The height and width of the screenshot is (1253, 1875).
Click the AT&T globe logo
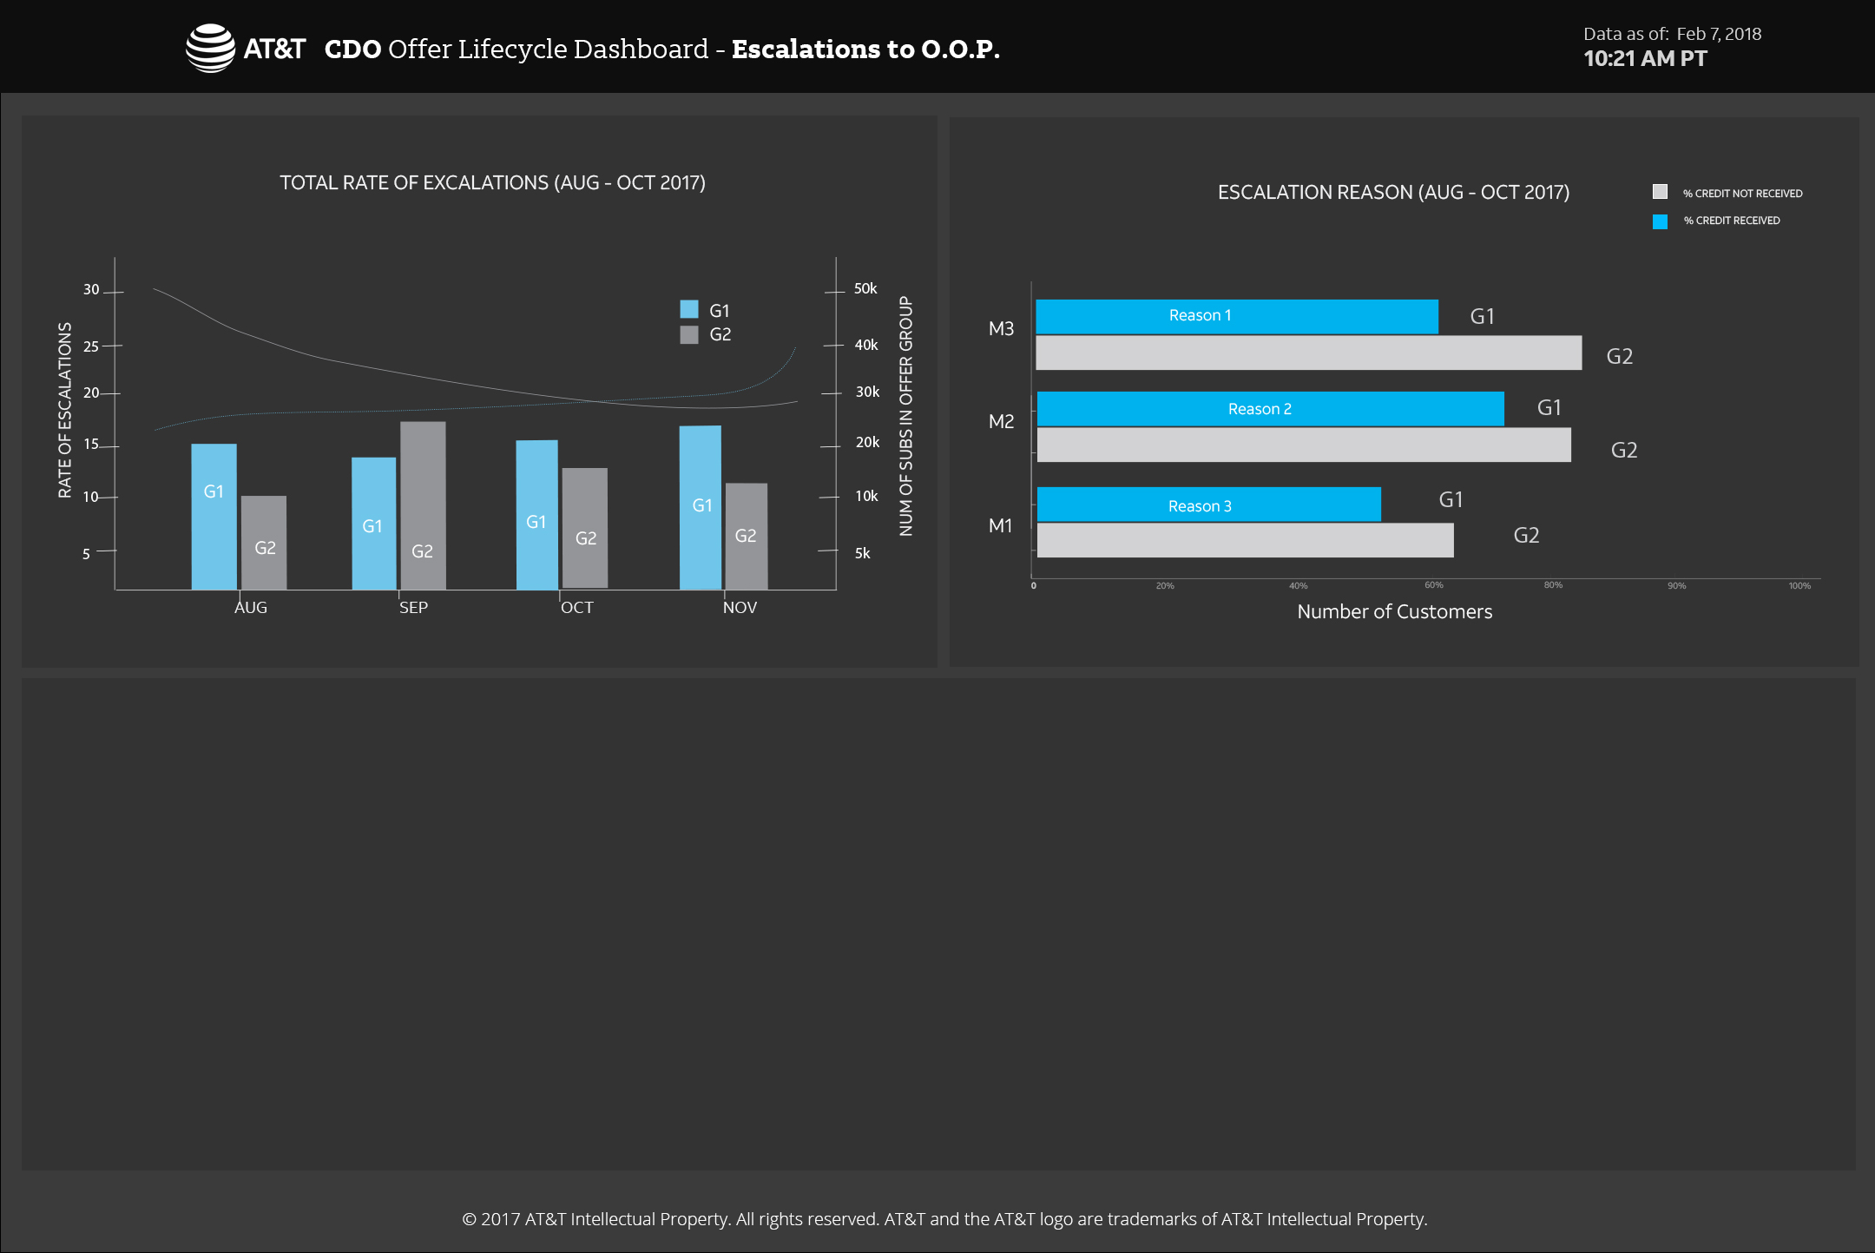210,48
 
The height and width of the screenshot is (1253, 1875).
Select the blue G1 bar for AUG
214,517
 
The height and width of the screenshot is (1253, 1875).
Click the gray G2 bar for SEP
423,505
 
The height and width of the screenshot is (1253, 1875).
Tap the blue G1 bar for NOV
701,507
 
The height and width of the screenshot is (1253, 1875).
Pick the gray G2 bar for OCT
585,528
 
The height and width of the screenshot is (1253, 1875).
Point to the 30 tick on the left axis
91,290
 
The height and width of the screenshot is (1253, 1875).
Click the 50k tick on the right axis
865,288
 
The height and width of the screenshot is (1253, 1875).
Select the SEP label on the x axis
413,608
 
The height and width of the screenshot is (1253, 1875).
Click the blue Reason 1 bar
1236,316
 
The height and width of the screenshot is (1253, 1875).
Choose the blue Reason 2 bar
1270,409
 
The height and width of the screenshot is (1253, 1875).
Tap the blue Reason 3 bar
1208,504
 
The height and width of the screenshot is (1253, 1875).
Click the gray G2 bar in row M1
1245,540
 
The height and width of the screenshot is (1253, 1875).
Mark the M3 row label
1001,329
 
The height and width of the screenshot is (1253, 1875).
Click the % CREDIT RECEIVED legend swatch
1660,221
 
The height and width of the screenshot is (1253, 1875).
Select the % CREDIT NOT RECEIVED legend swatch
1660,192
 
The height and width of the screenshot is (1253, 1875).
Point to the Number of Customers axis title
1394,612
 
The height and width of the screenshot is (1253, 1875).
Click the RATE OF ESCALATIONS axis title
65,410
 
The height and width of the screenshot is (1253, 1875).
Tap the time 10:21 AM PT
1645,59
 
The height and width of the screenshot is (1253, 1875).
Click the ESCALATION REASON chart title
1393,193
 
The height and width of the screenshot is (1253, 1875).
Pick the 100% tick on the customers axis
1799,586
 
